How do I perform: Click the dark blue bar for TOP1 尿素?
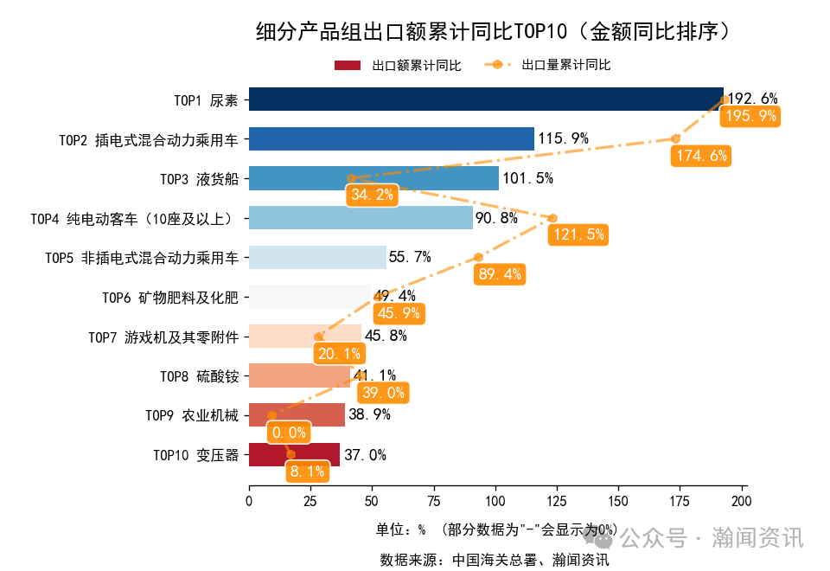coord(484,99)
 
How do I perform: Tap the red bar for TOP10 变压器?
coord(294,455)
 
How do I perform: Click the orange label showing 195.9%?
coord(750,116)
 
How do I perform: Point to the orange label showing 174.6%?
coord(699,156)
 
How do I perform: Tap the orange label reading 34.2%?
coord(372,195)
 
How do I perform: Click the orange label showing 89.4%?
coord(500,274)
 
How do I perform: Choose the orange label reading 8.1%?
coord(308,472)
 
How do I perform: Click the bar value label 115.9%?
coord(563,138)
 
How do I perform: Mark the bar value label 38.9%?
coord(369,414)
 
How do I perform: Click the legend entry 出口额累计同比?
coord(398,66)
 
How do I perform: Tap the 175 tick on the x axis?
coord(680,501)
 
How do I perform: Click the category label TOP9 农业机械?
coord(191,415)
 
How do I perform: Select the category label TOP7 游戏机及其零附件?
coord(163,337)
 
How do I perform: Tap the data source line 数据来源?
coord(495,560)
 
